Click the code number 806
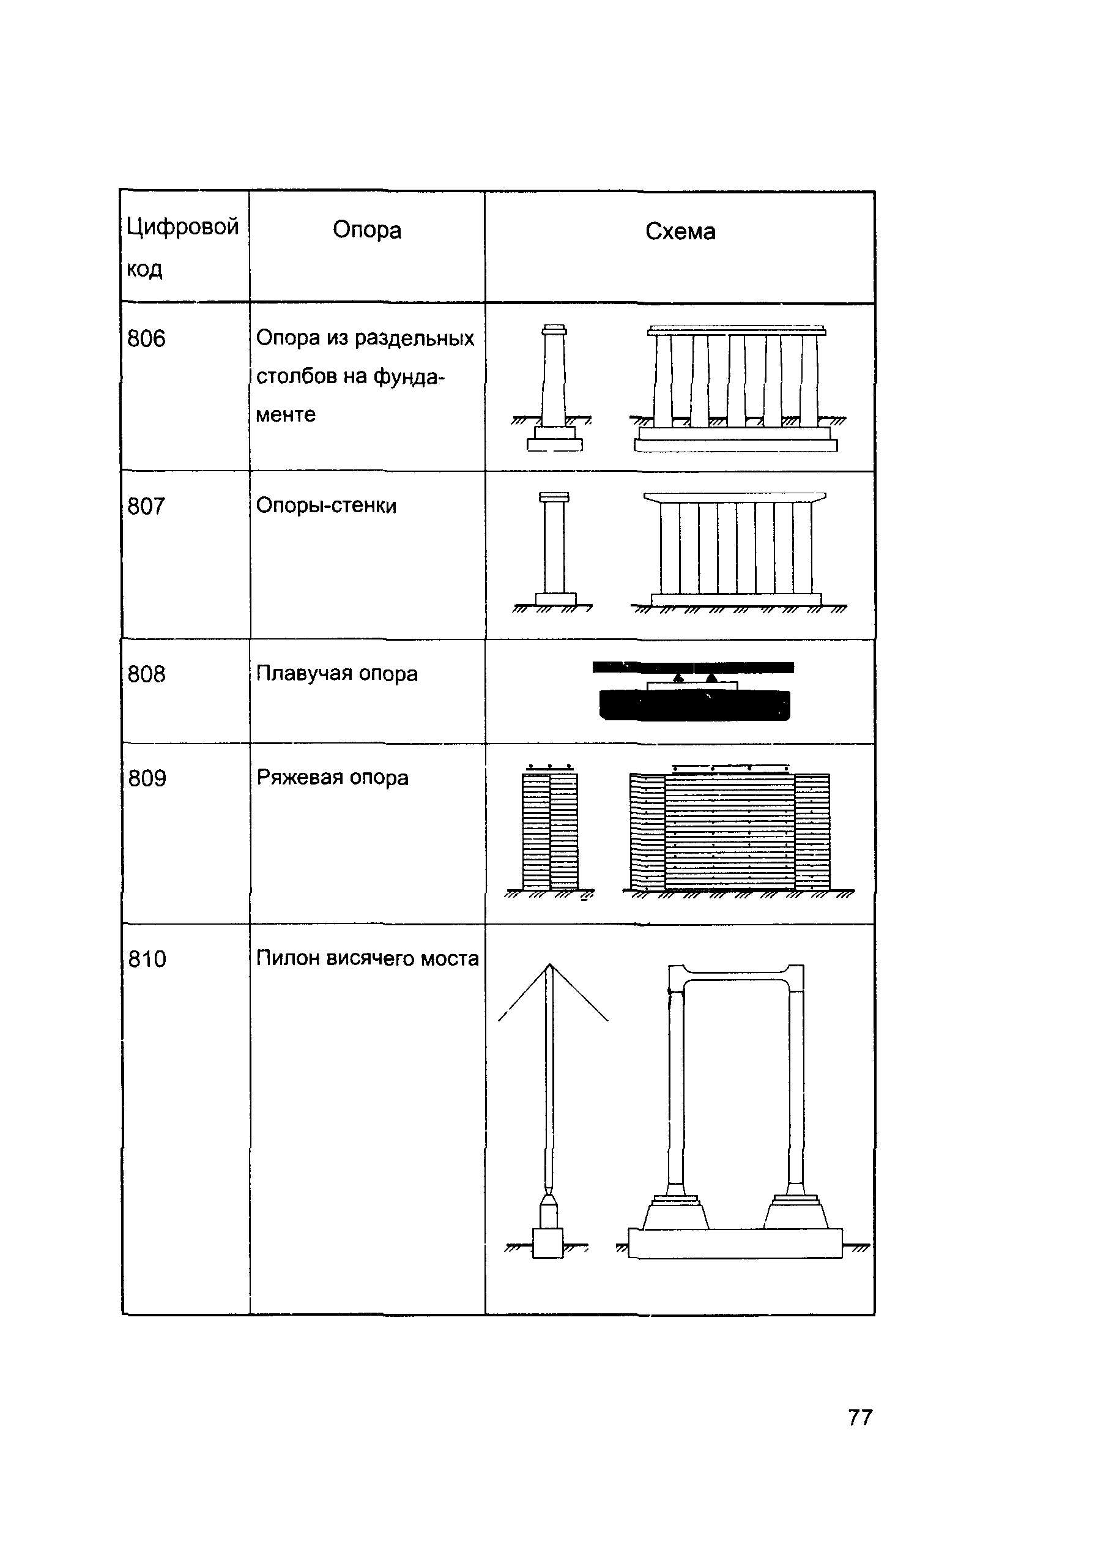146,338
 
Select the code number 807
146,507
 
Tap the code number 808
146,674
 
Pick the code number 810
147,959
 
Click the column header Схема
680,232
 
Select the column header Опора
366,230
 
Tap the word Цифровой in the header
182,226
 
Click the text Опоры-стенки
326,505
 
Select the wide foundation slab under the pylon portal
735,1243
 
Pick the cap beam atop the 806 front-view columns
736,331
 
